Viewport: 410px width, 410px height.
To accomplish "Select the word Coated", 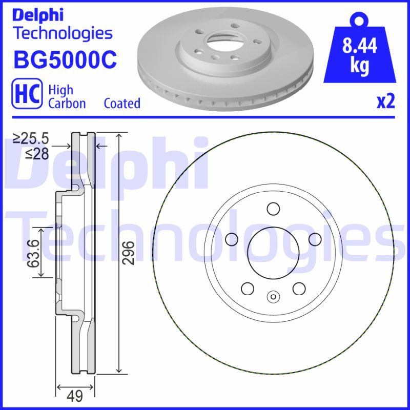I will [x=122, y=103].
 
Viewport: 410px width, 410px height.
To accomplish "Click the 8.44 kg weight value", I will [x=359, y=55].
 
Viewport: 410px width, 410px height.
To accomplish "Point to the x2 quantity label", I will [x=385, y=101].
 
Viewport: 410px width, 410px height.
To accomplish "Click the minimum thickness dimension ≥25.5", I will [x=31, y=138].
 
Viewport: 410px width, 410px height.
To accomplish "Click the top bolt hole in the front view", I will [x=273, y=209].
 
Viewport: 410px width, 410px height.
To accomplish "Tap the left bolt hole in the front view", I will [x=231, y=239].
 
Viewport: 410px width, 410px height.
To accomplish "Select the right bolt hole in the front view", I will [x=315, y=239].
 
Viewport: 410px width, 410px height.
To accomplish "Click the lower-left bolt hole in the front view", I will [x=247, y=288].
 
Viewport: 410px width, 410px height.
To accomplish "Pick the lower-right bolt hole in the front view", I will [x=299, y=288].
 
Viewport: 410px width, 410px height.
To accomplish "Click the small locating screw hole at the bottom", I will [x=273, y=296].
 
